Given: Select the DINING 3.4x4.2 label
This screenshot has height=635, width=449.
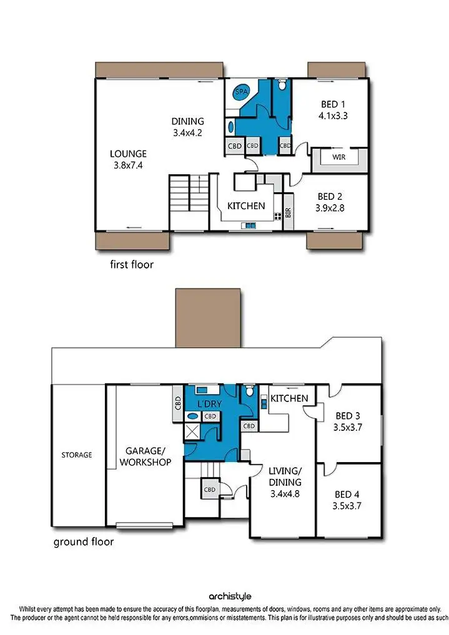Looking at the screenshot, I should tap(188, 127).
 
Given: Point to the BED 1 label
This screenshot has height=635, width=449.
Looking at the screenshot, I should tap(333, 110).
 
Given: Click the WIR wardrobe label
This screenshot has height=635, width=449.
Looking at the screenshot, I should tap(339, 157).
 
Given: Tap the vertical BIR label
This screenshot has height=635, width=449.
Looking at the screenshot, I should tap(288, 212).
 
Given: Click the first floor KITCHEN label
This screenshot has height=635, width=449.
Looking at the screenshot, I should tap(245, 205).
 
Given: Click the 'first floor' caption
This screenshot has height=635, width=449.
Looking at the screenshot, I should tap(131, 264).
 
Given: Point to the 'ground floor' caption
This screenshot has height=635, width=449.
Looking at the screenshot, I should tap(84, 541).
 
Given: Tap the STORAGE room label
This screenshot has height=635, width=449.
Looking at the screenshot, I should tap(76, 455).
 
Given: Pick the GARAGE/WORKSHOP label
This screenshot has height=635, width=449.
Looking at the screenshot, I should tap(148, 456).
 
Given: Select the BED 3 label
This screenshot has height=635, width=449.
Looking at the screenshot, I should tap(349, 421).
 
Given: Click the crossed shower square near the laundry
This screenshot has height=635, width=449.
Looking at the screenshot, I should tap(191, 430).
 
